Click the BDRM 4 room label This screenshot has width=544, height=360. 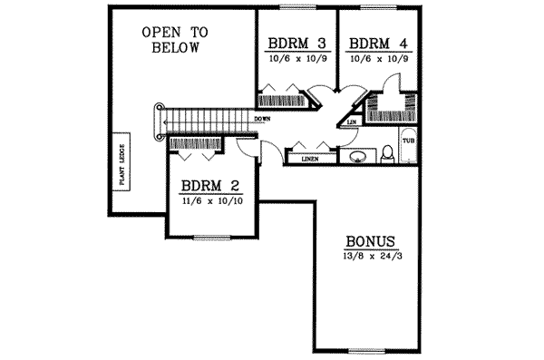pos(372,43)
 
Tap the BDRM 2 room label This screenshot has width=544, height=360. pos(209,184)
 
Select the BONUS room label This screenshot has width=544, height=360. pos(370,242)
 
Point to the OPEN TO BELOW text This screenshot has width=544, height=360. pos(174,40)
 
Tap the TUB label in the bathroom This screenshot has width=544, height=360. pos(408,141)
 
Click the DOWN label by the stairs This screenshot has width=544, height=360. pos(263,119)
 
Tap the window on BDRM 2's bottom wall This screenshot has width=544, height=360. pos(210,238)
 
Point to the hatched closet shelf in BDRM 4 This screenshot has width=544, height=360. pos(390,115)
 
